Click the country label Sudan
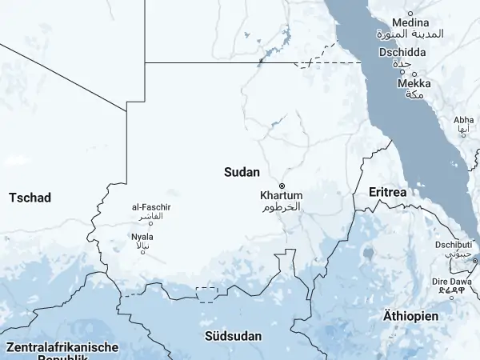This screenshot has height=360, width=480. (242, 171)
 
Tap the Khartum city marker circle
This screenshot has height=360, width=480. (282, 186)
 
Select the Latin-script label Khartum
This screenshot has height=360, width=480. (282, 195)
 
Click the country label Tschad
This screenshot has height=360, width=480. (30, 197)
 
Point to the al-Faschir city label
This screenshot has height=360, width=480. (151, 208)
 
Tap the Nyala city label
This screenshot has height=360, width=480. (142, 237)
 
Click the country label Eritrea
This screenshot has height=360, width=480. (387, 193)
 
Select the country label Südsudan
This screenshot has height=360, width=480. (233, 336)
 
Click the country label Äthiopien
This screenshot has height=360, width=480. (410, 316)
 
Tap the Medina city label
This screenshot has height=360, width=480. (409, 22)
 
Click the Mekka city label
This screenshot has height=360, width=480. (414, 83)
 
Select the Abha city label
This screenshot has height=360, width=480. (464, 120)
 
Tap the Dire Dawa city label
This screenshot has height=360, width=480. (452, 282)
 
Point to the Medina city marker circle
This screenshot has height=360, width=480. (410, 14)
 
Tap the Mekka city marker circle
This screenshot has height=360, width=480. (402, 73)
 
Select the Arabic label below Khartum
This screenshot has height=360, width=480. (282, 206)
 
